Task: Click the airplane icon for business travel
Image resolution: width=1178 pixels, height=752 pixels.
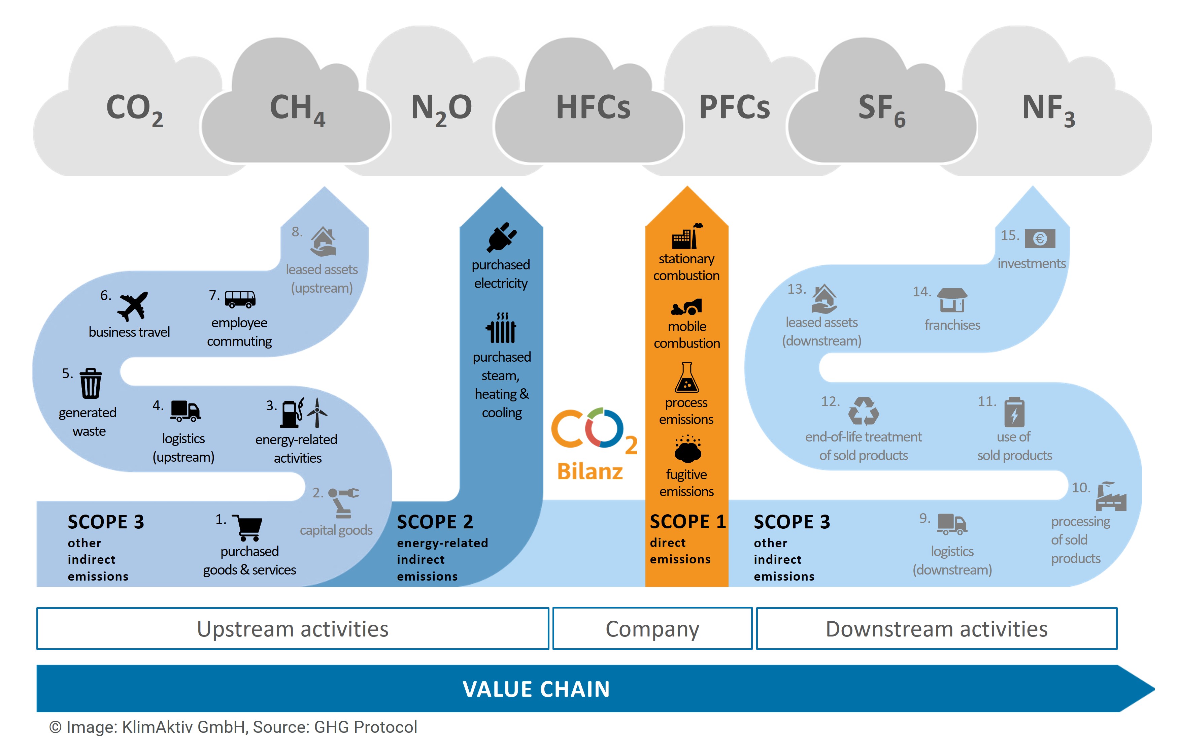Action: tap(133, 306)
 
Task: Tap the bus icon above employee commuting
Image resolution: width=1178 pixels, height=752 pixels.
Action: tap(240, 299)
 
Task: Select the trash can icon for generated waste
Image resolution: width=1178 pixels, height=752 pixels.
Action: tap(91, 383)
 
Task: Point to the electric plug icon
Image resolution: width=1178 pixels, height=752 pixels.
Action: tap(501, 237)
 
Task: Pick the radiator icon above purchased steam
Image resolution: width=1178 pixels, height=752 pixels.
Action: tap(501, 327)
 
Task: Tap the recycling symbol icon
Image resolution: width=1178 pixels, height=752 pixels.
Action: tap(864, 411)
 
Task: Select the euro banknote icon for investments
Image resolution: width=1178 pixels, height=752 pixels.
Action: tap(1040, 239)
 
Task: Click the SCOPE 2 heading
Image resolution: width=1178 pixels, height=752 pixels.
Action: tap(435, 522)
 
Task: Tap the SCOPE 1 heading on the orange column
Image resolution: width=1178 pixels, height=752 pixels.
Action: tap(687, 522)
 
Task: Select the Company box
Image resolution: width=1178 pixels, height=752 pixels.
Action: tap(652, 629)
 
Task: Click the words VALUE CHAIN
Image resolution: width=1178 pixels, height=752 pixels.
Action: tap(536, 689)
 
